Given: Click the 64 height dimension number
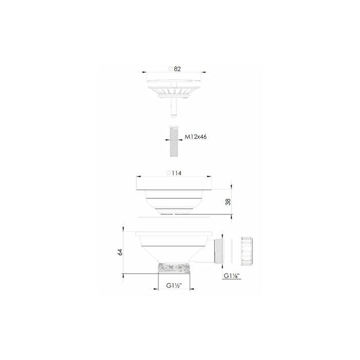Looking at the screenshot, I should (x=120, y=251).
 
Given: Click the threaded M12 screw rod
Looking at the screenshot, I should (x=173, y=139).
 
